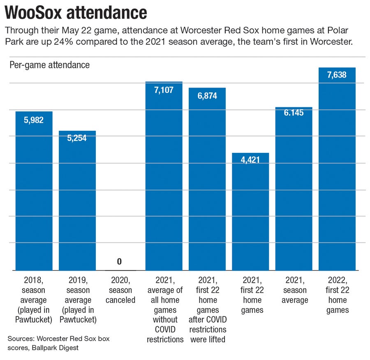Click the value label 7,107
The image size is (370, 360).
[x=164, y=90]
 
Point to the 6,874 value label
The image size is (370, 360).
[x=207, y=96]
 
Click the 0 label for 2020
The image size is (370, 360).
[x=120, y=262]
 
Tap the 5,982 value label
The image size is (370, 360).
[x=34, y=120]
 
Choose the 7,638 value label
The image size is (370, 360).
[x=337, y=75]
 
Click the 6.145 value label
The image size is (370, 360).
[x=294, y=112]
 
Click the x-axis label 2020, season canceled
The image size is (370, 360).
[x=120, y=290]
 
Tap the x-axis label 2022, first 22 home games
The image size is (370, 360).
[x=337, y=295]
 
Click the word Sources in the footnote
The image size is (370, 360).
[x=21, y=339]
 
